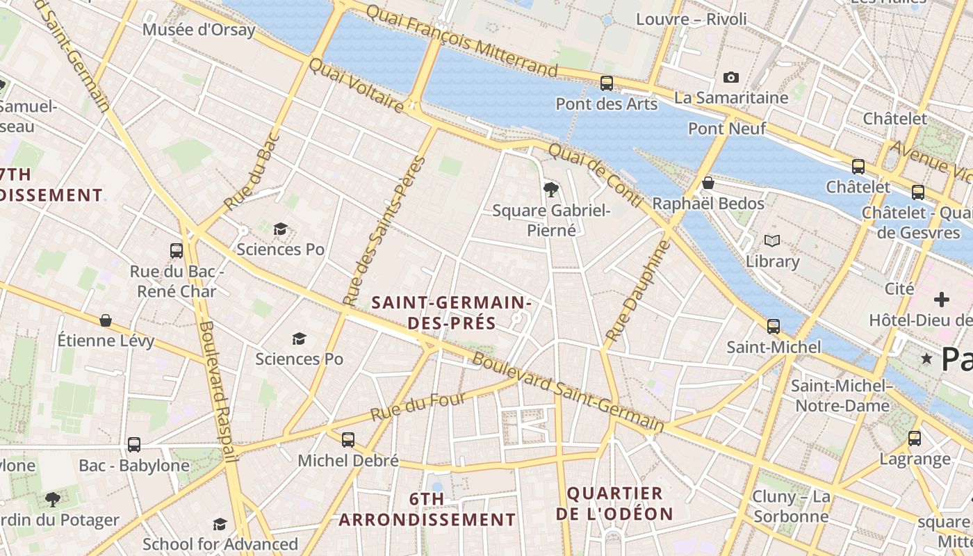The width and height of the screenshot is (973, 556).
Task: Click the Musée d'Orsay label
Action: pyautogui.click(x=199, y=30)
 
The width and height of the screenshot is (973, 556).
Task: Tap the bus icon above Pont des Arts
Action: pyautogui.click(x=607, y=83)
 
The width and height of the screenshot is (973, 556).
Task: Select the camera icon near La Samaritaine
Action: pyautogui.click(x=730, y=77)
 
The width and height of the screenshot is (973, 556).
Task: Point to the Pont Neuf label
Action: pyautogui.click(x=727, y=129)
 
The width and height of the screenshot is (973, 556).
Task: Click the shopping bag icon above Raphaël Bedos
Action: pyautogui.click(x=708, y=183)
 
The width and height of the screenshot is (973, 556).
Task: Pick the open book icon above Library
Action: pyautogui.click(x=772, y=241)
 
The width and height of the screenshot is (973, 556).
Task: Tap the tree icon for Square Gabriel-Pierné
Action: pyautogui.click(x=551, y=188)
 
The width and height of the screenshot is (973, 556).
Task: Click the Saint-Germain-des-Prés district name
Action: pyautogui.click(x=452, y=313)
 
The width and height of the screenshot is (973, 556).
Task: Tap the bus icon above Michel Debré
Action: pyautogui.click(x=348, y=439)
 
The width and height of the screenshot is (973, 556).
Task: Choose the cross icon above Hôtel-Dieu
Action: pyautogui.click(x=942, y=300)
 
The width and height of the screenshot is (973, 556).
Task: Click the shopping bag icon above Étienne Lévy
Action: pyautogui.click(x=106, y=320)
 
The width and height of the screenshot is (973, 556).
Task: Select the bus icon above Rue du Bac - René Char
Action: pyautogui.click(x=177, y=250)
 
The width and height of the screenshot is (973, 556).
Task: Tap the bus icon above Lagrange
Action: pyautogui.click(x=915, y=438)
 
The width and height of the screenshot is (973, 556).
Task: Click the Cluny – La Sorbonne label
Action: pyautogui.click(x=792, y=507)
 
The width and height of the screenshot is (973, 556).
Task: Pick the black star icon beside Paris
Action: pyautogui.click(x=926, y=359)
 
